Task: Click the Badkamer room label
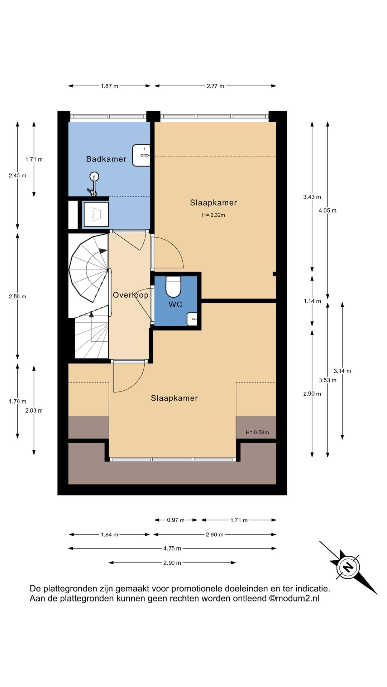pos(106,159)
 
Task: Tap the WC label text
pos(176,304)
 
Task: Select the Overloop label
pos(130,295)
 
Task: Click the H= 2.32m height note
pos(213,215)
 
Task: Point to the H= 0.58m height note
pos(257,432)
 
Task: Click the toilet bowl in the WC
pos(173,287)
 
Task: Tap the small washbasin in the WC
pos(192,319)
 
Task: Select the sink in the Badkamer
pos(142,155)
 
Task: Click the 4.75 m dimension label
pos(172,548)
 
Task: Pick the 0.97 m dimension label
pos(176,520)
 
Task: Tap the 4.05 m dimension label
pos(328,210)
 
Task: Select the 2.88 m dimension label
pos(18,296)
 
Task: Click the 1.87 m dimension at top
pos(109,86)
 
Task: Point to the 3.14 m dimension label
pos(342,371)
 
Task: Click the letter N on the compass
pos(348,567)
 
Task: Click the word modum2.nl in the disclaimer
pos(297,599)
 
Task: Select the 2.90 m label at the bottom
pos(172,563)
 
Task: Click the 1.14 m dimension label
pos(312,301)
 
